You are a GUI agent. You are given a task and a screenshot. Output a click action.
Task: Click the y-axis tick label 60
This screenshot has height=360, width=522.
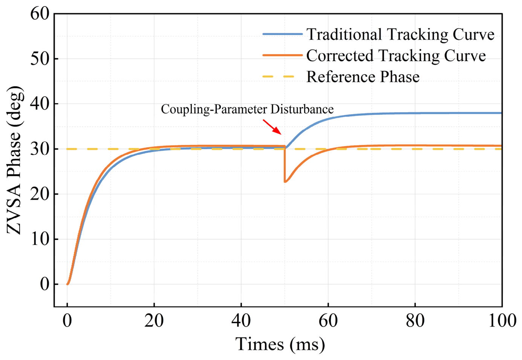[x=40, y=14]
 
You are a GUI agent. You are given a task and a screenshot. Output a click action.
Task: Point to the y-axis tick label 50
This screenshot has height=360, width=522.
[x=40, y=59]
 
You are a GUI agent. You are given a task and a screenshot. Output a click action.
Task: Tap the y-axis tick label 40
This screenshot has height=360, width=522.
[x=40, y=104]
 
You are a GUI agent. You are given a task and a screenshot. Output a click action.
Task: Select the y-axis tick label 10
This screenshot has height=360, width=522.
[x=40, y=239]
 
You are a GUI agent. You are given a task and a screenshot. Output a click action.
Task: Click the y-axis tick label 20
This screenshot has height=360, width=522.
[x=40, y=194]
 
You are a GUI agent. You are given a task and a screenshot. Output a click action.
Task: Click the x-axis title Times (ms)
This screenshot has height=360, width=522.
[x=280, y=344]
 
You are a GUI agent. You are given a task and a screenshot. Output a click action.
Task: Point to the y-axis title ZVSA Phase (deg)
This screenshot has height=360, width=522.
[x=15, y=160]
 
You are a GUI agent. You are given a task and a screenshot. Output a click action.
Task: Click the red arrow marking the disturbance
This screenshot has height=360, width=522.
[x=272, y=127]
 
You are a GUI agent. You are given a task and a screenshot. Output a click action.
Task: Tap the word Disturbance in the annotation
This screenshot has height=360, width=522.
[x=302, y=109]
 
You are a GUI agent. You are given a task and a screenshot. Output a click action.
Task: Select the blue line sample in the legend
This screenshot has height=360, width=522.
[x=282, y=34]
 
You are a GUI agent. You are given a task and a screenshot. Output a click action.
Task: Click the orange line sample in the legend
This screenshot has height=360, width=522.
[x=282, y=55]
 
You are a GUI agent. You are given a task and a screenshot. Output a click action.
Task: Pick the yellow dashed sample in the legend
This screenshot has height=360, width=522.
[x=279, y=76]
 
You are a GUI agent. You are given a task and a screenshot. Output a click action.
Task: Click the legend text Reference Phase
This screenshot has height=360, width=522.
[x=363, y=77]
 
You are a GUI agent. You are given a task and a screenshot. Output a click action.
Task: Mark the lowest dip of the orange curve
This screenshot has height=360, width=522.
[x=285, y=182]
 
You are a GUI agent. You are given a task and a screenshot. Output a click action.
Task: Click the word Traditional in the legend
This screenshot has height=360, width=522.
[x=344, y=35]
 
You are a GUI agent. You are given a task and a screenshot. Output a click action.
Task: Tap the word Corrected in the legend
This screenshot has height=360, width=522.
[x=340, y=56]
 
